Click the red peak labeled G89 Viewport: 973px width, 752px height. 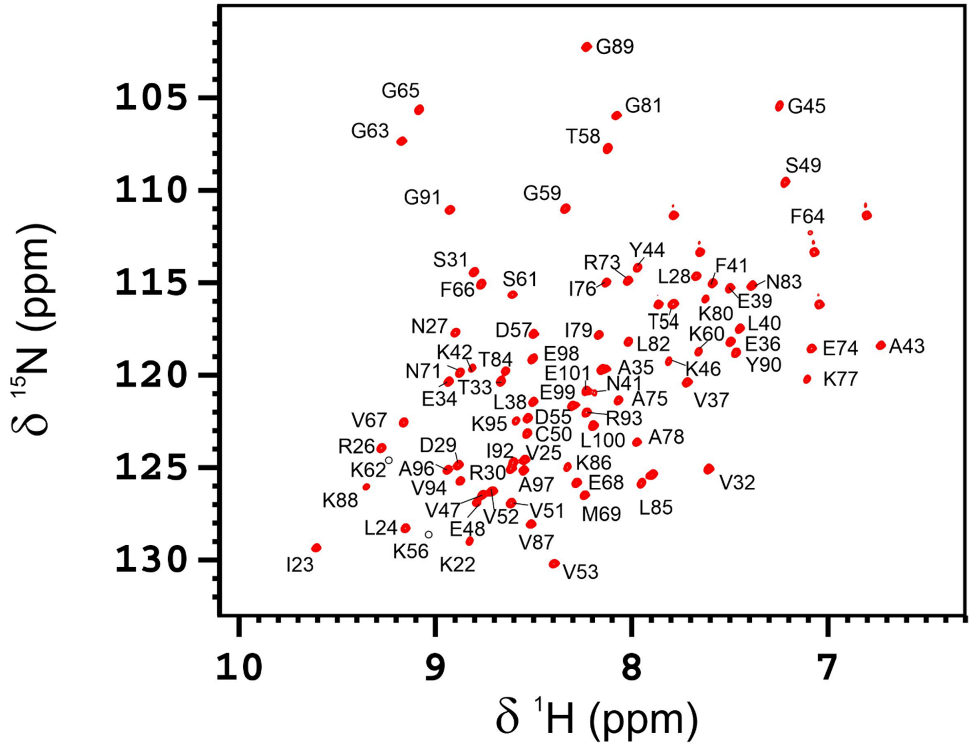pyautogui.click(x=586, y=47)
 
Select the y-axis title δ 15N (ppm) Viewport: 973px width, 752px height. pyautogui.click(x=33, y=329)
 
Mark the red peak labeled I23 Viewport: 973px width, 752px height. pyautogui.click(x=316, y=548)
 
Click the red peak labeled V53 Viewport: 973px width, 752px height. pyautogui.click(x=554, y=564)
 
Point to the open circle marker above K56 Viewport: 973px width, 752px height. pyautogui.click(x=429, y=534)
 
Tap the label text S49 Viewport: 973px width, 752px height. pyautogui.click(x=803, y=166)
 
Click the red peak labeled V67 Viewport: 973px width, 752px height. pyautogui.click(x=404, y=422)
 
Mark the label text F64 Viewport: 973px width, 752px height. pyautogui.click(x=807, y=217)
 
